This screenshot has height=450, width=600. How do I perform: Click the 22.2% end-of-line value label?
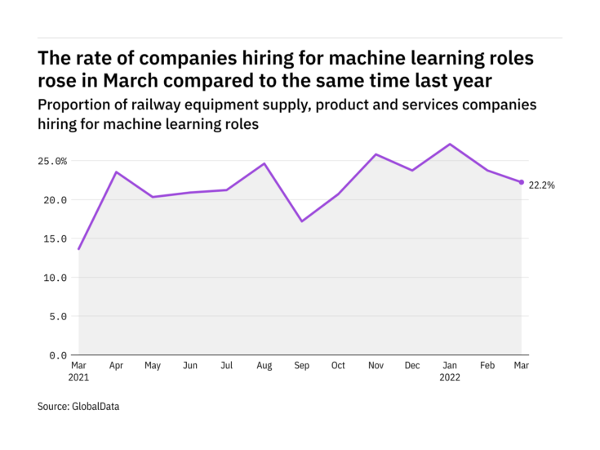coord(542,185)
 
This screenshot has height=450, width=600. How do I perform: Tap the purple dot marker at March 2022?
coord(522,182)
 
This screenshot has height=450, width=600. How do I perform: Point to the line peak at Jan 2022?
coord(451,145)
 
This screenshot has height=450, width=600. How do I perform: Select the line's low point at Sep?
coord(301,221)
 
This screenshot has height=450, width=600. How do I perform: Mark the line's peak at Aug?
coord(264,163)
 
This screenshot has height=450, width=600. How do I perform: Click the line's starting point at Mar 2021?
coord(79,249)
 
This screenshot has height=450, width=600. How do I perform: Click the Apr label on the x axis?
coord(116,366)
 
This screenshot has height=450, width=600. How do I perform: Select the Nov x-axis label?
coord(375,366)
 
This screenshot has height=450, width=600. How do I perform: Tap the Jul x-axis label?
coord(227,366)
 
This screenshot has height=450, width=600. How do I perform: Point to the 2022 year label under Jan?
coord(451,378)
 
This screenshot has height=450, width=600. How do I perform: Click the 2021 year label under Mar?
coord(79,378)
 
